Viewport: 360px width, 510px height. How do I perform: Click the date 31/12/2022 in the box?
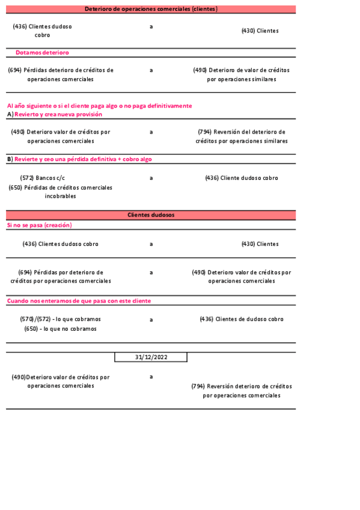click(x=151, y=357)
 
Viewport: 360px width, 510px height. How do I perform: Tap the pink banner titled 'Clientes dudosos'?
click(x=151, y=215)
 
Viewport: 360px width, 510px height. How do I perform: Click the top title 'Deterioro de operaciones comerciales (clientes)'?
click(x=151, y=9)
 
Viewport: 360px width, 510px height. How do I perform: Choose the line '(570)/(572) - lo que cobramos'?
click(x=60, y=319)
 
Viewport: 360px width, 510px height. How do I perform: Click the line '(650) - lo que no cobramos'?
click(x=60, y=329)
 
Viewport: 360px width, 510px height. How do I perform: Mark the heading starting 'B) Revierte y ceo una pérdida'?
click(x=79, y=159)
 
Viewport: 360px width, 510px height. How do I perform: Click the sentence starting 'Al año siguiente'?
click(x=99, y=106)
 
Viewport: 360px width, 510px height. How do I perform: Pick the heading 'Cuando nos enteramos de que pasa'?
click(x=79, y=301)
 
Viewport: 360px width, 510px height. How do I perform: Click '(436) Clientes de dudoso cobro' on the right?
click(x=242, y=319)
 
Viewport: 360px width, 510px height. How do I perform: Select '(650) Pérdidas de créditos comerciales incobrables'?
click(x=60, y=192)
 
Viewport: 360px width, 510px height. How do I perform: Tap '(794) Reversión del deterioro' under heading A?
click(x=242, y=136)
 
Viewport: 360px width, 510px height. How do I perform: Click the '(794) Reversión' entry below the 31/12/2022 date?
click(x=242, y=391)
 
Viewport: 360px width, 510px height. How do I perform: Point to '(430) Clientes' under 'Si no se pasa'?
click(x=260, y=244)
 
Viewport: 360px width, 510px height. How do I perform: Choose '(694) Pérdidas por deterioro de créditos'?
click(x=60, y=277)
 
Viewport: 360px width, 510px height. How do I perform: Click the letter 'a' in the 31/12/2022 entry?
click(x=151, y=376)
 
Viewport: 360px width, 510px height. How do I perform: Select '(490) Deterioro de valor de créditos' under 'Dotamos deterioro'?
click(x=242, y=75)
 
